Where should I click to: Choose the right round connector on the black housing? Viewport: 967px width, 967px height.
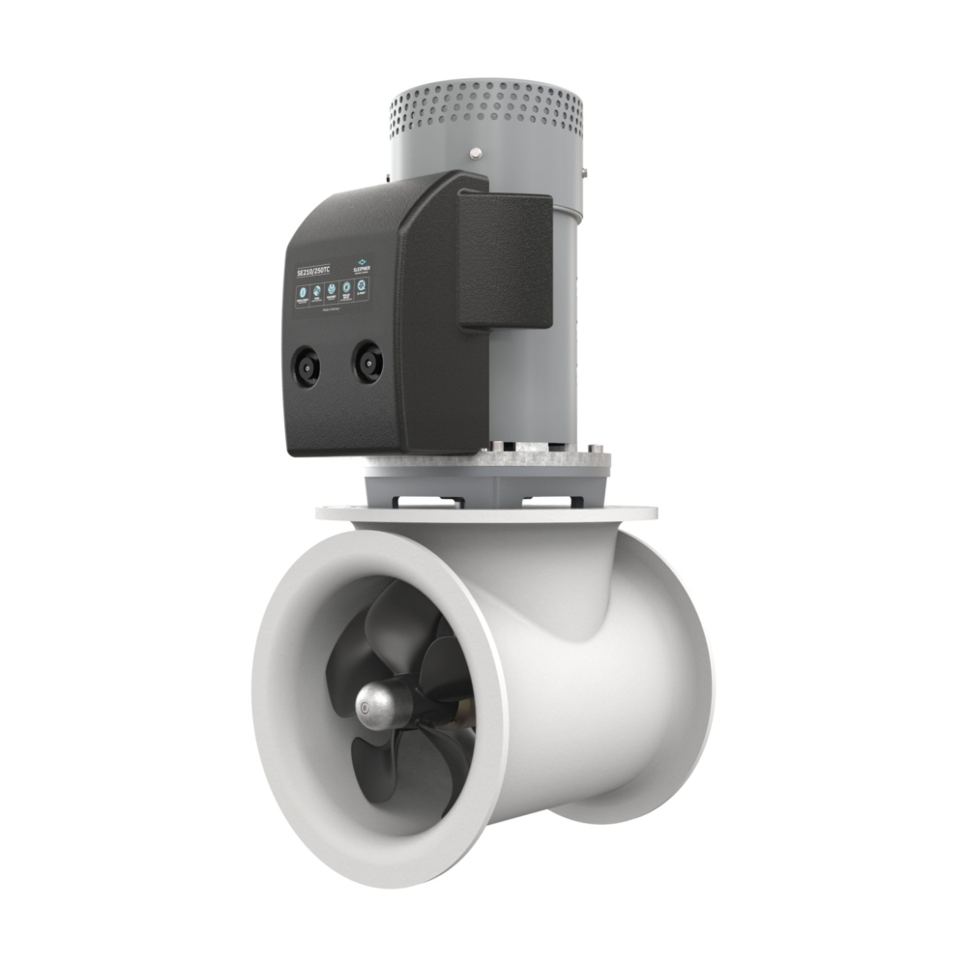click(x=366, y=362)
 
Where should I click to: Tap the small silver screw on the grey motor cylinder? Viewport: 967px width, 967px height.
click(x=476, y=152)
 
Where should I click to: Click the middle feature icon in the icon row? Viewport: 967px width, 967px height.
click(x=332, y=290)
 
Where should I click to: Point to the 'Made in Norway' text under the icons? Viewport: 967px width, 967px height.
click(x=332, y=309)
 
